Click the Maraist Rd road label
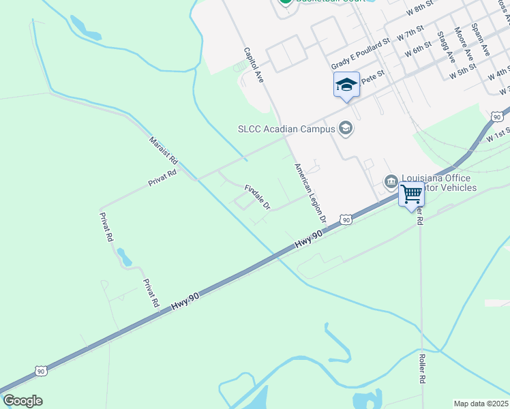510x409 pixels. coord(164,151)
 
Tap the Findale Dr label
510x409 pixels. coord(258,196)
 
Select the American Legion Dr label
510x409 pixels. coord(310,194)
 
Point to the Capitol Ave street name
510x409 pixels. coord(254,65)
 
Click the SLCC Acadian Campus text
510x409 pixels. coord(286,128)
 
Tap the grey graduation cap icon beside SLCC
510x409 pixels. coord(346,128)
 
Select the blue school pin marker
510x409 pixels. coord(346,85)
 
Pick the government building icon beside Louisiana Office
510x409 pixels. coord(391,181)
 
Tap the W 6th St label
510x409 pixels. coord(418,50)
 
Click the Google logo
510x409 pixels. coord(22,401)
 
